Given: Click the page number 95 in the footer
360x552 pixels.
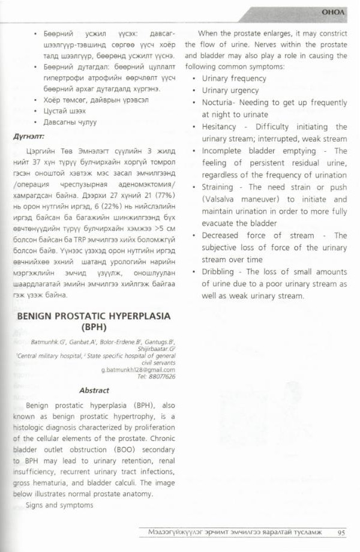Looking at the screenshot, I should (x=340, y=532).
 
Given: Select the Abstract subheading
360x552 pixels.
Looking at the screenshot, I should (x=94, y=389).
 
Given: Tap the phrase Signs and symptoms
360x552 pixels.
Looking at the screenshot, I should (x=59, y=505).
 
